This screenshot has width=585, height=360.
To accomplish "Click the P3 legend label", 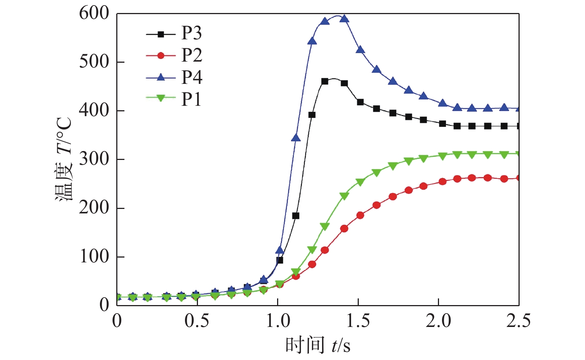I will [191, 33].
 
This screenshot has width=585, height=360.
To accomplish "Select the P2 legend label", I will [191, 55].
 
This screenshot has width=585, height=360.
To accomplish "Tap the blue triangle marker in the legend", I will [161, 77].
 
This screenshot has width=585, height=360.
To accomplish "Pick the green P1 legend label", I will [191, 99].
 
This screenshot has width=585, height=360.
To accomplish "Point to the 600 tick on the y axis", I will [94, 14].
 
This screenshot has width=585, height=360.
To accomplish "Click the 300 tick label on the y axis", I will [94, 159].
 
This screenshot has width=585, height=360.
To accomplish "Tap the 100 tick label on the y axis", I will [94, 256].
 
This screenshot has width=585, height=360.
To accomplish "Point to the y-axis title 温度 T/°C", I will [64, 160].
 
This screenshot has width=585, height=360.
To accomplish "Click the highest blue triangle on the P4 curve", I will [344, 19].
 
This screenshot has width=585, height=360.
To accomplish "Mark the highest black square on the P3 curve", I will [325, 81].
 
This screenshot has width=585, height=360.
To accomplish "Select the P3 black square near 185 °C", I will [296, 216].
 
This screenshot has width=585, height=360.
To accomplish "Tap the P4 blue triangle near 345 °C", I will [296, 138].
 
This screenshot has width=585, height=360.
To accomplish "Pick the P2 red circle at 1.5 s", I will [360, 215].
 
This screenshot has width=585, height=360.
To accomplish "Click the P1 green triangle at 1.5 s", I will [360, 182].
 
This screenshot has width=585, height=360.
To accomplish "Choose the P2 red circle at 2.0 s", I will [442, 181].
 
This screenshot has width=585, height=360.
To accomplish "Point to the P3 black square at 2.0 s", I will [442, 124].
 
